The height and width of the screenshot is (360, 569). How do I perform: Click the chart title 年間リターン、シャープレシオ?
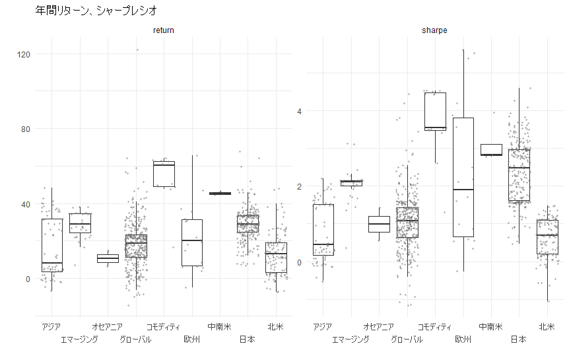[96, 11]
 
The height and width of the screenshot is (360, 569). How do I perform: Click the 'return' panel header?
[163, 30]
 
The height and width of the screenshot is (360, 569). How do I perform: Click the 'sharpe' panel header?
[434, 30]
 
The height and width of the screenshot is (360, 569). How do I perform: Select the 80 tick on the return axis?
[26, 129]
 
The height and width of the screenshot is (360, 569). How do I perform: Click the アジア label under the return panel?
[51, 326]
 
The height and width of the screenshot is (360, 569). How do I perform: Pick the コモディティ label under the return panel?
[163, 326]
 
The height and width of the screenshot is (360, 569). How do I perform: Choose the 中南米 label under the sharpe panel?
[490, 326]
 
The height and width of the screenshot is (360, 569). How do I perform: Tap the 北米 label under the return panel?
[275, 326]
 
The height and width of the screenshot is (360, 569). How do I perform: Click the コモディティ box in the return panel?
[163, 174]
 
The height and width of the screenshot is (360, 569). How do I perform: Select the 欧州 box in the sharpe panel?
[463, 177]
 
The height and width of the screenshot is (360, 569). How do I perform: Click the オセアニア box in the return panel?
[107, 258]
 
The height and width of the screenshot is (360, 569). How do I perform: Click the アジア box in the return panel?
[51, 244]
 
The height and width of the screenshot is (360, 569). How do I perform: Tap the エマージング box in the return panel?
[79, 223]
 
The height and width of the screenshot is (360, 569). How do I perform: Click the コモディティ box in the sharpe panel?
[435, 111]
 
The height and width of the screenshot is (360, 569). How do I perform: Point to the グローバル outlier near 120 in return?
[137, 50]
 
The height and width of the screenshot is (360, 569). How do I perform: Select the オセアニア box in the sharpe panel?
[379, 224]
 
